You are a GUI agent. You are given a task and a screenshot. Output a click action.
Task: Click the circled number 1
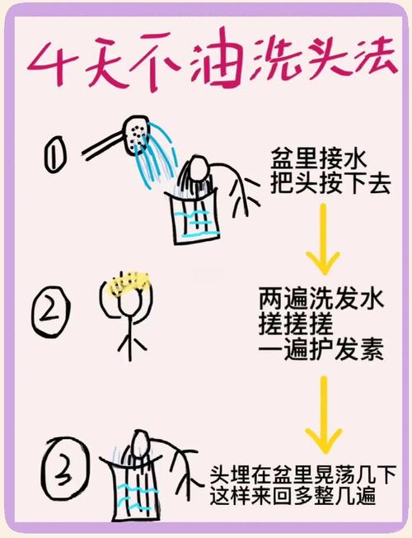pyautogui.click(x=56, y=155)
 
